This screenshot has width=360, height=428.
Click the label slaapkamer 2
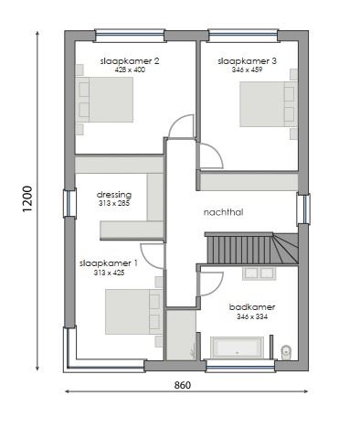tap(130, 60)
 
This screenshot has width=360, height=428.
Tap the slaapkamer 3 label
tap(248, 60)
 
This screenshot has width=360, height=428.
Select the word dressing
tap(114, 194)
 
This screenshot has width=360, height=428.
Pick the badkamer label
tap(253, 307)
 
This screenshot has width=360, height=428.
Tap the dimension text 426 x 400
tap(130, 70)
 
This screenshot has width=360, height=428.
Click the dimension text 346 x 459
tap(248, 70)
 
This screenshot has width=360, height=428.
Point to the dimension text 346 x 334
tap(253, 316)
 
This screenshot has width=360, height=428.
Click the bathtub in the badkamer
tap(238, 348)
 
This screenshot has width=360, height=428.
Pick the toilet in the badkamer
tap(287, 350)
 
